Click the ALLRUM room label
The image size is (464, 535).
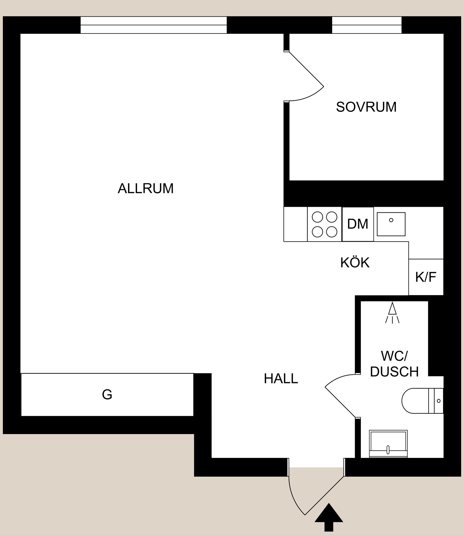[x=145, y=188]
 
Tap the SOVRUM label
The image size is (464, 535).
[x=366, y=107]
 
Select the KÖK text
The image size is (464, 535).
[x=355, y=263]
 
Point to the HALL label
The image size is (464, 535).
[x=281, y=379]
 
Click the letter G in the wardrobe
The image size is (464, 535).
[x=107, y=395]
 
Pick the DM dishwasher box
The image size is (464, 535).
[x=358, y=224]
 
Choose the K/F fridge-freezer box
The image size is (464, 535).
[x=426, y=277]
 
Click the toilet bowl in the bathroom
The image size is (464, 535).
[x=414, y=401]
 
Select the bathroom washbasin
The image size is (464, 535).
[x=388, y=444]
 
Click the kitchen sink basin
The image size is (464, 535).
[x=391, y=224]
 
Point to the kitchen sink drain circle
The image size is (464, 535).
[x=391, y=220]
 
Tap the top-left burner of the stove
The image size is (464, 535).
[x=318, y=217]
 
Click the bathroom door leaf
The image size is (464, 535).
[x=340, y=402]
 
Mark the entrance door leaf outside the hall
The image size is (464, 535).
[x=324, y=495]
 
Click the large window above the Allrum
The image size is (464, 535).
[x=153, y=25]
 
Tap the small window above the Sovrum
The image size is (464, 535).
[x=367, y=25]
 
